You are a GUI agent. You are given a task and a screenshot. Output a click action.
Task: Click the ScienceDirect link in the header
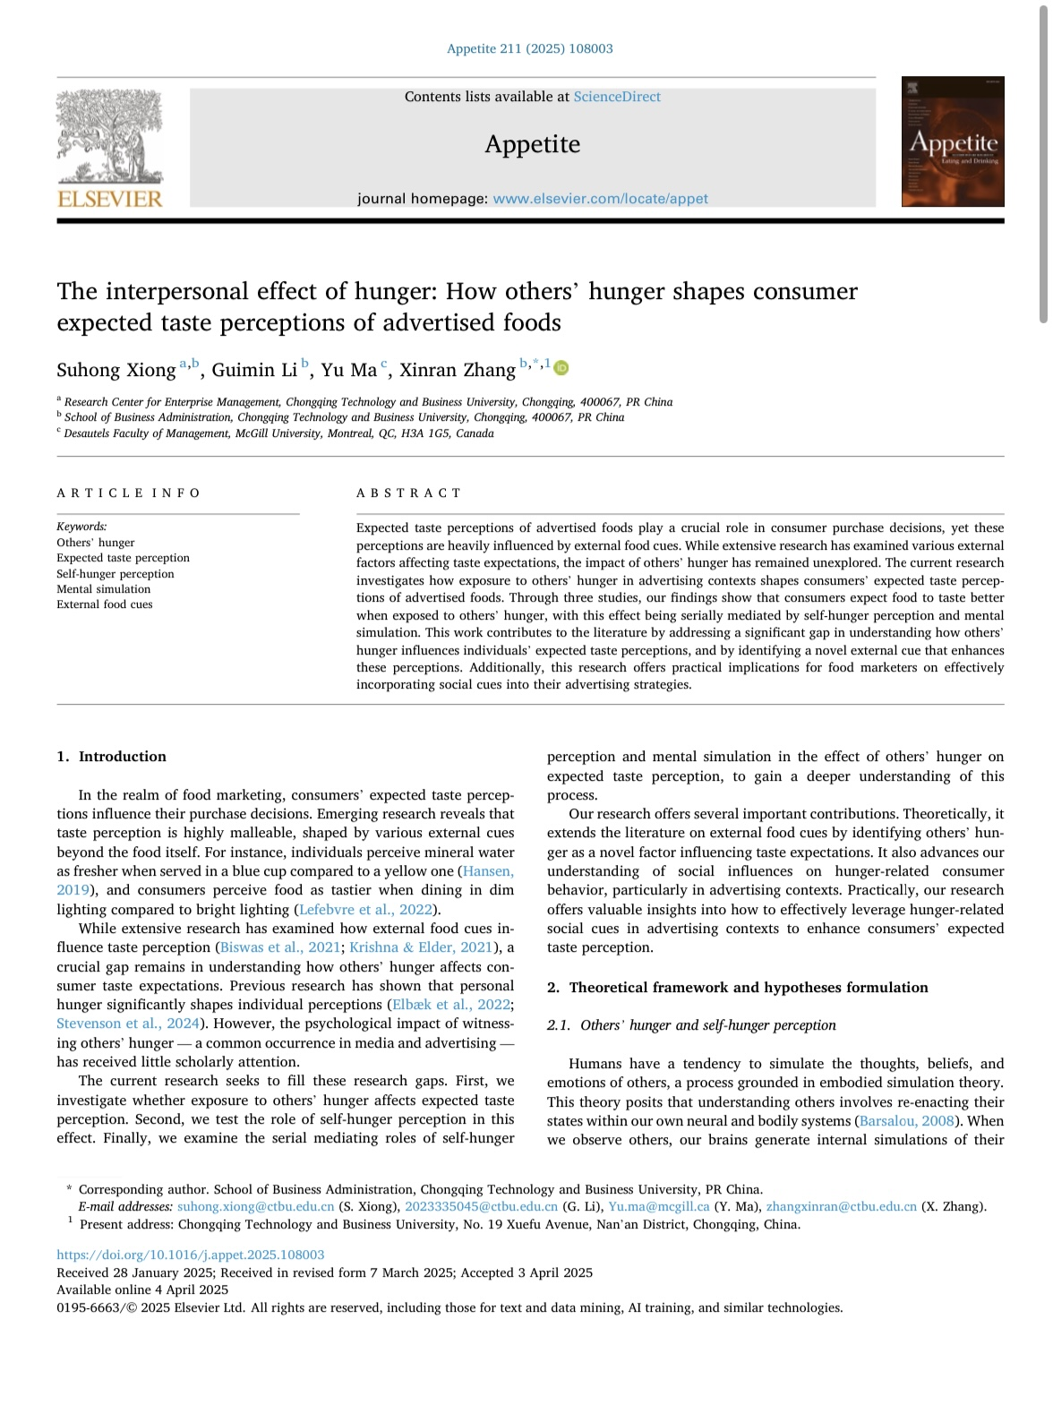coord(617,97)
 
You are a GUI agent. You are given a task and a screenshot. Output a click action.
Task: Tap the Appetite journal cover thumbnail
coord(953,141)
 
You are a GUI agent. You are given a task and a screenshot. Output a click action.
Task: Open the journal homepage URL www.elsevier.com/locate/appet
coord(600,199)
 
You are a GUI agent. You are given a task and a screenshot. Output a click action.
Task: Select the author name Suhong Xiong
coord(116,371)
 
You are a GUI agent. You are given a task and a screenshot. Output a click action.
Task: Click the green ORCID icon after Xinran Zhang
coord(561,368)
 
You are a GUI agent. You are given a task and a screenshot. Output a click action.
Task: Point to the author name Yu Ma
coord(348,371)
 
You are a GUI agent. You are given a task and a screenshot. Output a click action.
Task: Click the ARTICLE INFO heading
coord(129,493)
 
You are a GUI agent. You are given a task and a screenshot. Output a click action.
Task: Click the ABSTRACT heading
coord(408,493)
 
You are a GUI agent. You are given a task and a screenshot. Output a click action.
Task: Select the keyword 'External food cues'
coord(105,604)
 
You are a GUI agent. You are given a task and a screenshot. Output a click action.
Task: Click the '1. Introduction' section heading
coord(111,757)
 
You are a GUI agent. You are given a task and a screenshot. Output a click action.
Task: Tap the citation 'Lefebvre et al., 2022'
coord(365,910)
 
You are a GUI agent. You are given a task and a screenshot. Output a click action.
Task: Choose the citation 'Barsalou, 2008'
coord(906,1121)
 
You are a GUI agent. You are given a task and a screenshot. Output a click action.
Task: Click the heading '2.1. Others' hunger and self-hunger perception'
coord(691,1025)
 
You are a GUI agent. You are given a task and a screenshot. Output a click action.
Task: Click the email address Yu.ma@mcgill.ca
coord(659,1207)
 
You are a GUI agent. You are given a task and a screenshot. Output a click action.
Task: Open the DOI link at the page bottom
coord(191,1255)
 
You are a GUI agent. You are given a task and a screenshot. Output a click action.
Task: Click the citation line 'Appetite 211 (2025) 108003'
coord(530,49)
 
